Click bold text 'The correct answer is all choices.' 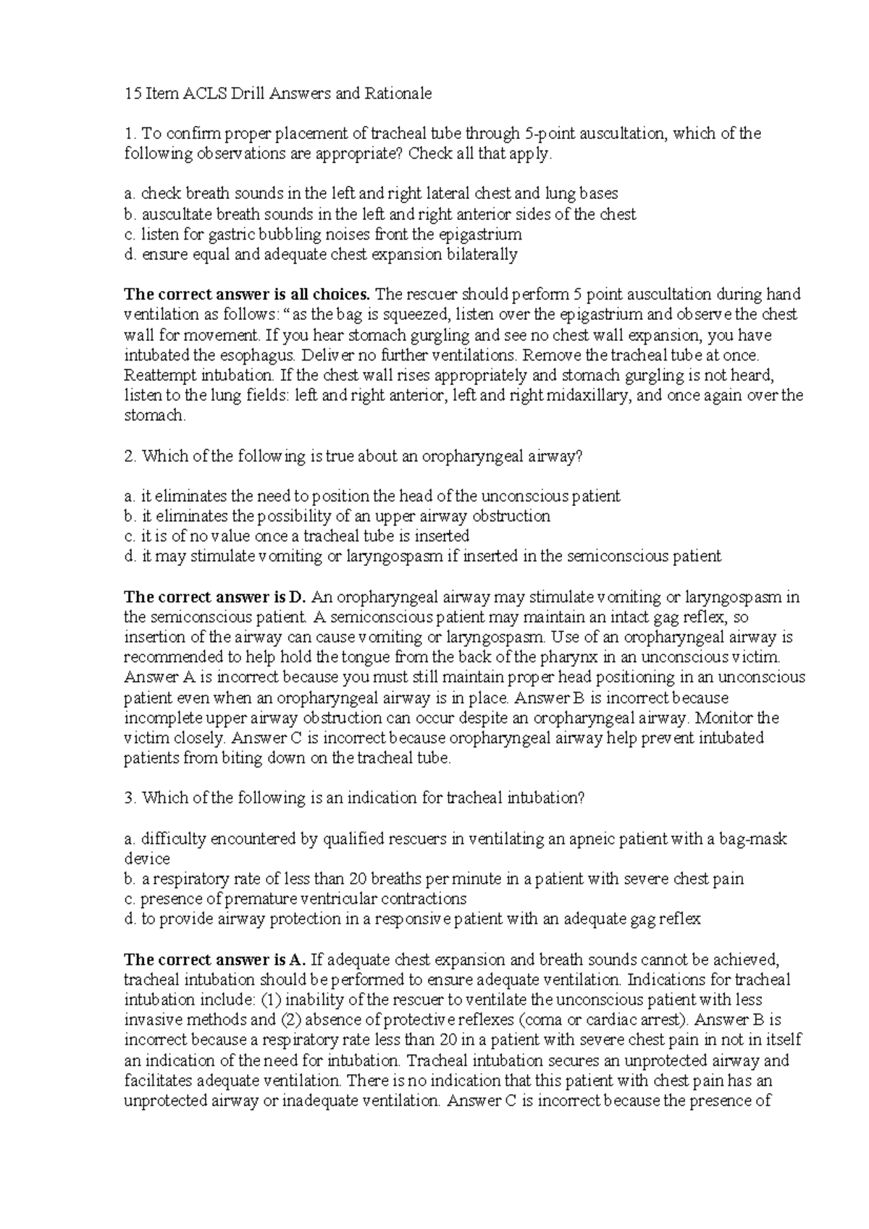248,295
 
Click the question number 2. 129,456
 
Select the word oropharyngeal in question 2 473,456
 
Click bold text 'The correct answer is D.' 216,597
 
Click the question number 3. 129,798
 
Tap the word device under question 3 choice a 147,859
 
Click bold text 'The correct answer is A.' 216,960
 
